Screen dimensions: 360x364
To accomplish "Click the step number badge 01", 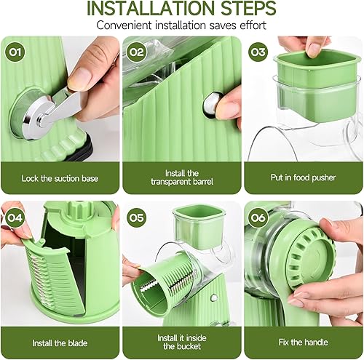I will [14, 52].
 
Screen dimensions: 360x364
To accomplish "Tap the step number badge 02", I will [136, 52].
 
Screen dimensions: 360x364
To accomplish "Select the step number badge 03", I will [258, 52].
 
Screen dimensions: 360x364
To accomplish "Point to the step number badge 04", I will [14, 216].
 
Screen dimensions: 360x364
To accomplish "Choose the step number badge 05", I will [136, 216].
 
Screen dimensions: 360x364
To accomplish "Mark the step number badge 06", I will [258, 216].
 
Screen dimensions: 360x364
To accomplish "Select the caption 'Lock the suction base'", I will [60, 178].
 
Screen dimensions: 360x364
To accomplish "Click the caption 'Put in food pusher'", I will [303, 178].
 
